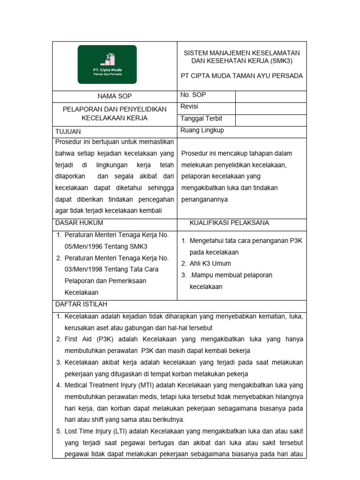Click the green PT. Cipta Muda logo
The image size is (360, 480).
[x=107, y=64]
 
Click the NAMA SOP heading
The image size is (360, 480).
[x=114, y=96]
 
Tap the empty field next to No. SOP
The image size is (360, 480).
[x=270, y=96]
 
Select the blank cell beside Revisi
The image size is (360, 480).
[x=270, y=108]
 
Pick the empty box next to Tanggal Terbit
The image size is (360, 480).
[x=270, y=120]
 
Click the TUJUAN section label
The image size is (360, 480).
[x=68, y=132]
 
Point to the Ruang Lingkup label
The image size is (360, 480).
[x=202, y=130]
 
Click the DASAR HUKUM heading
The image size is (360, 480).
[x=79, y=223]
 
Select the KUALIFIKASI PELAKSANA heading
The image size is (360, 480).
[x=229, y=223]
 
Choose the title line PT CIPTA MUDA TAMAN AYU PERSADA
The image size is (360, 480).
[x=242, y=76]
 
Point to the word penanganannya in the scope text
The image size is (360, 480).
[x=204, y=199]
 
